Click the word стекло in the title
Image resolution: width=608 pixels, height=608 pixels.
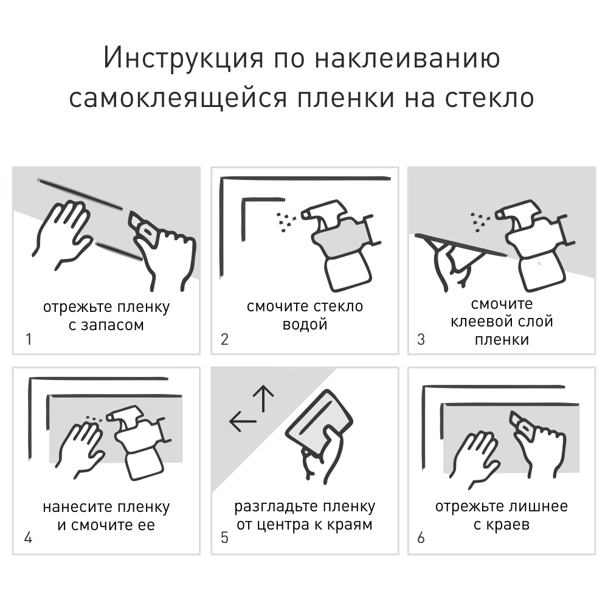486,97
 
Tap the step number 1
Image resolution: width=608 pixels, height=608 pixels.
28,339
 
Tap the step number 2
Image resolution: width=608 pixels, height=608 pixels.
224,339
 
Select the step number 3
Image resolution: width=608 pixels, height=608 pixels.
421,339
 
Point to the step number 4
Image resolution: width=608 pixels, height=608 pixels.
28,538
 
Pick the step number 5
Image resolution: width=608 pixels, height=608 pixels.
224,538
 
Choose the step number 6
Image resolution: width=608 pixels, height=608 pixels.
421,538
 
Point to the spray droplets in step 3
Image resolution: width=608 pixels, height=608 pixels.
479,223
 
